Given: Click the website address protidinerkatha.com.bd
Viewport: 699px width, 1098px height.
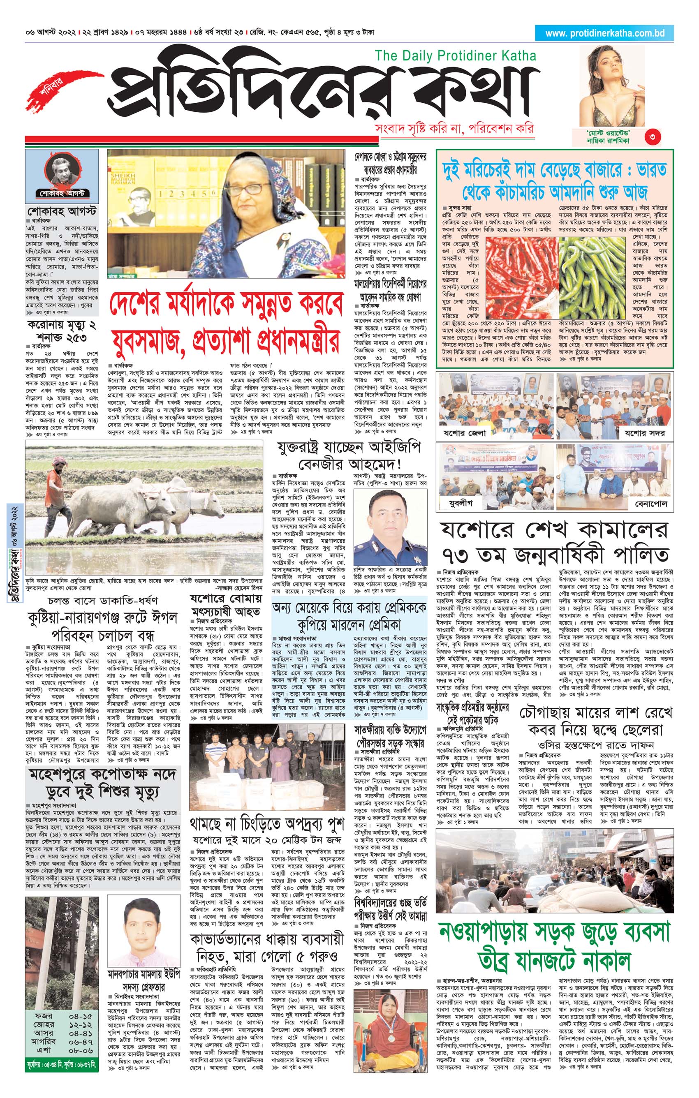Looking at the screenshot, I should point(604,33).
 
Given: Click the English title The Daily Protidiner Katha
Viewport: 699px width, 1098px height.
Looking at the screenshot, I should point(455,56).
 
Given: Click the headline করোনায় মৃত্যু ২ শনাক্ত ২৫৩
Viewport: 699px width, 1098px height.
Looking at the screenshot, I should point(62,331).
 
